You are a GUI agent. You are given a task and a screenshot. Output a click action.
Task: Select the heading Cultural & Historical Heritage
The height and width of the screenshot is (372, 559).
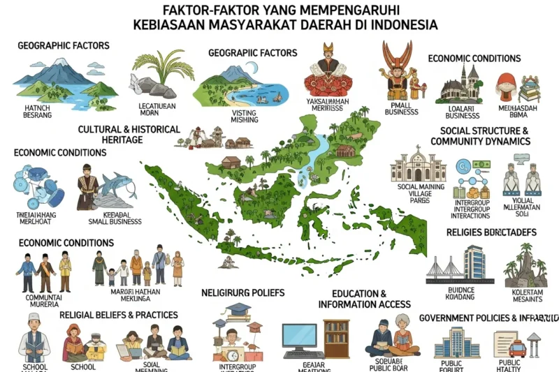(x=129, y=135)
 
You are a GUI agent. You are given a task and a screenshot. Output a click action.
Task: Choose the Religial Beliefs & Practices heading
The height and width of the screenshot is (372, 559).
(x=118, y=315)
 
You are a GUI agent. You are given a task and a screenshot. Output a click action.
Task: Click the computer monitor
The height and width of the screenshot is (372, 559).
(x=302, y=337)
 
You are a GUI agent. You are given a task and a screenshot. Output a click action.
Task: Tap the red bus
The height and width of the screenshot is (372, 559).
(x=518, y=348)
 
